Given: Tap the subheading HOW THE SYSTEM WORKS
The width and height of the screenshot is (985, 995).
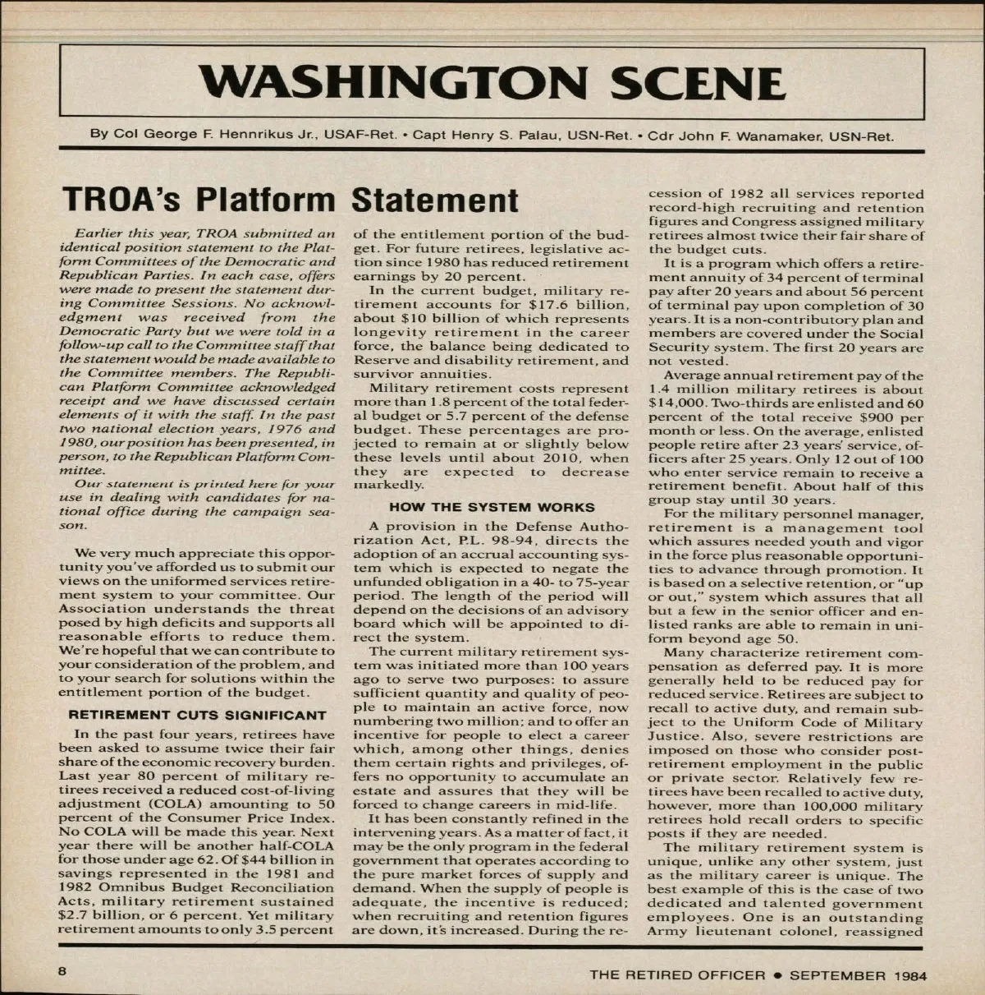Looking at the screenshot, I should pyautogui.click(x=492, y=507).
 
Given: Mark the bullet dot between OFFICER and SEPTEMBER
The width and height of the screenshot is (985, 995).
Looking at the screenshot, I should pyautogui.click(x=775, y=975).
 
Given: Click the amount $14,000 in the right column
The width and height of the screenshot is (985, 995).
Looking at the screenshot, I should pyautogui.click(x=676, y=403).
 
